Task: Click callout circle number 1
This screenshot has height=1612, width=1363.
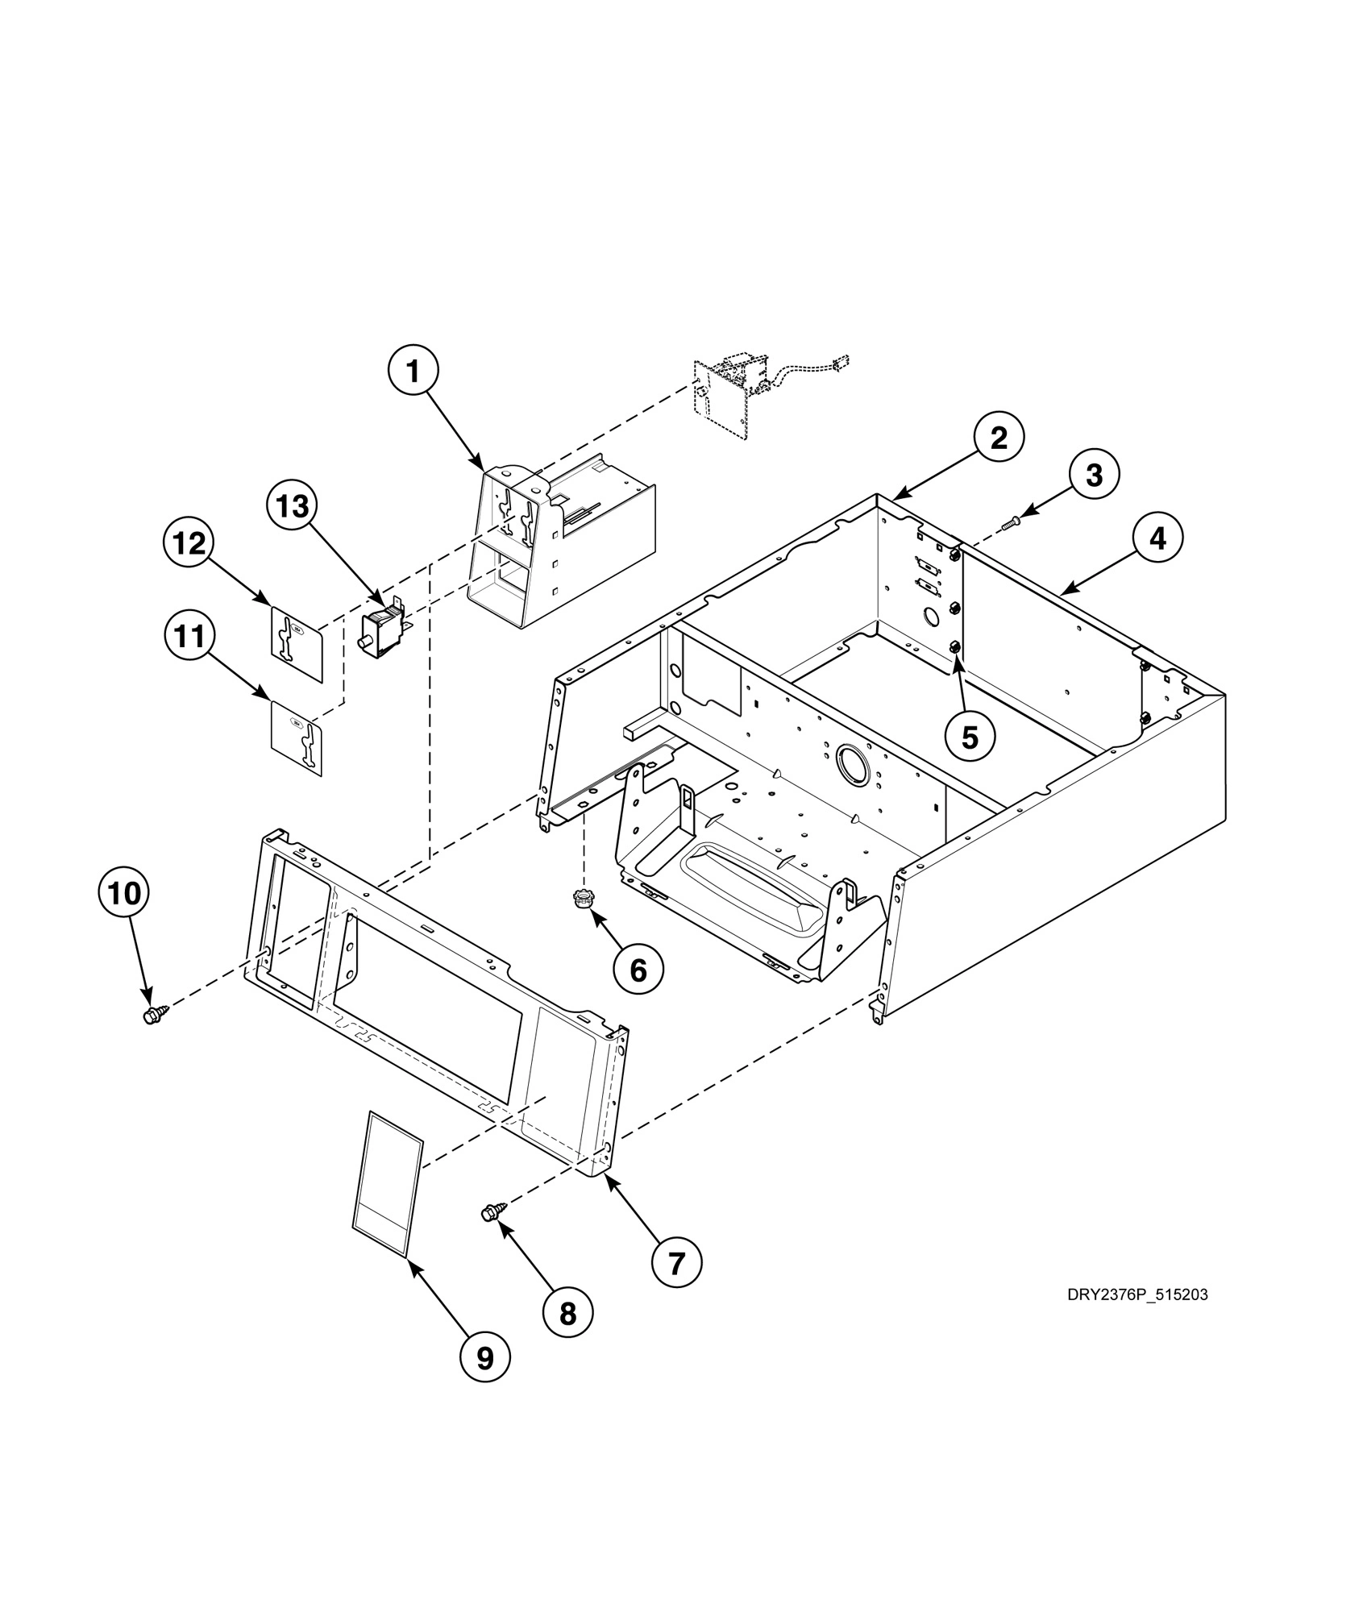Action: point(413,372)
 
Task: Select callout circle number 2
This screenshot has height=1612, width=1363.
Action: point(999,438)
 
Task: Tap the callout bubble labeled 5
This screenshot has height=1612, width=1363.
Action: point(970,736)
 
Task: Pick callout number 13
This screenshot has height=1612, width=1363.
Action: point(293,507)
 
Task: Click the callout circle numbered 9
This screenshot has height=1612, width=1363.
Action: point(484,1359)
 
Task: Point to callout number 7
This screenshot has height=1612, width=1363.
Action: point(675,1263)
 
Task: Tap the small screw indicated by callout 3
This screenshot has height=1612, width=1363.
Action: point(1011,524)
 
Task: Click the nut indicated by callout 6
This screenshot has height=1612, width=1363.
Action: point(581,898)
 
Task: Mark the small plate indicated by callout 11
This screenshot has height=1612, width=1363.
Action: point(295,737)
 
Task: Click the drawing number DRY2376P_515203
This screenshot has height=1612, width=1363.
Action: point(1137,1295)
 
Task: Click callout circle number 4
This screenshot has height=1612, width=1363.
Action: point(1157,538)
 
